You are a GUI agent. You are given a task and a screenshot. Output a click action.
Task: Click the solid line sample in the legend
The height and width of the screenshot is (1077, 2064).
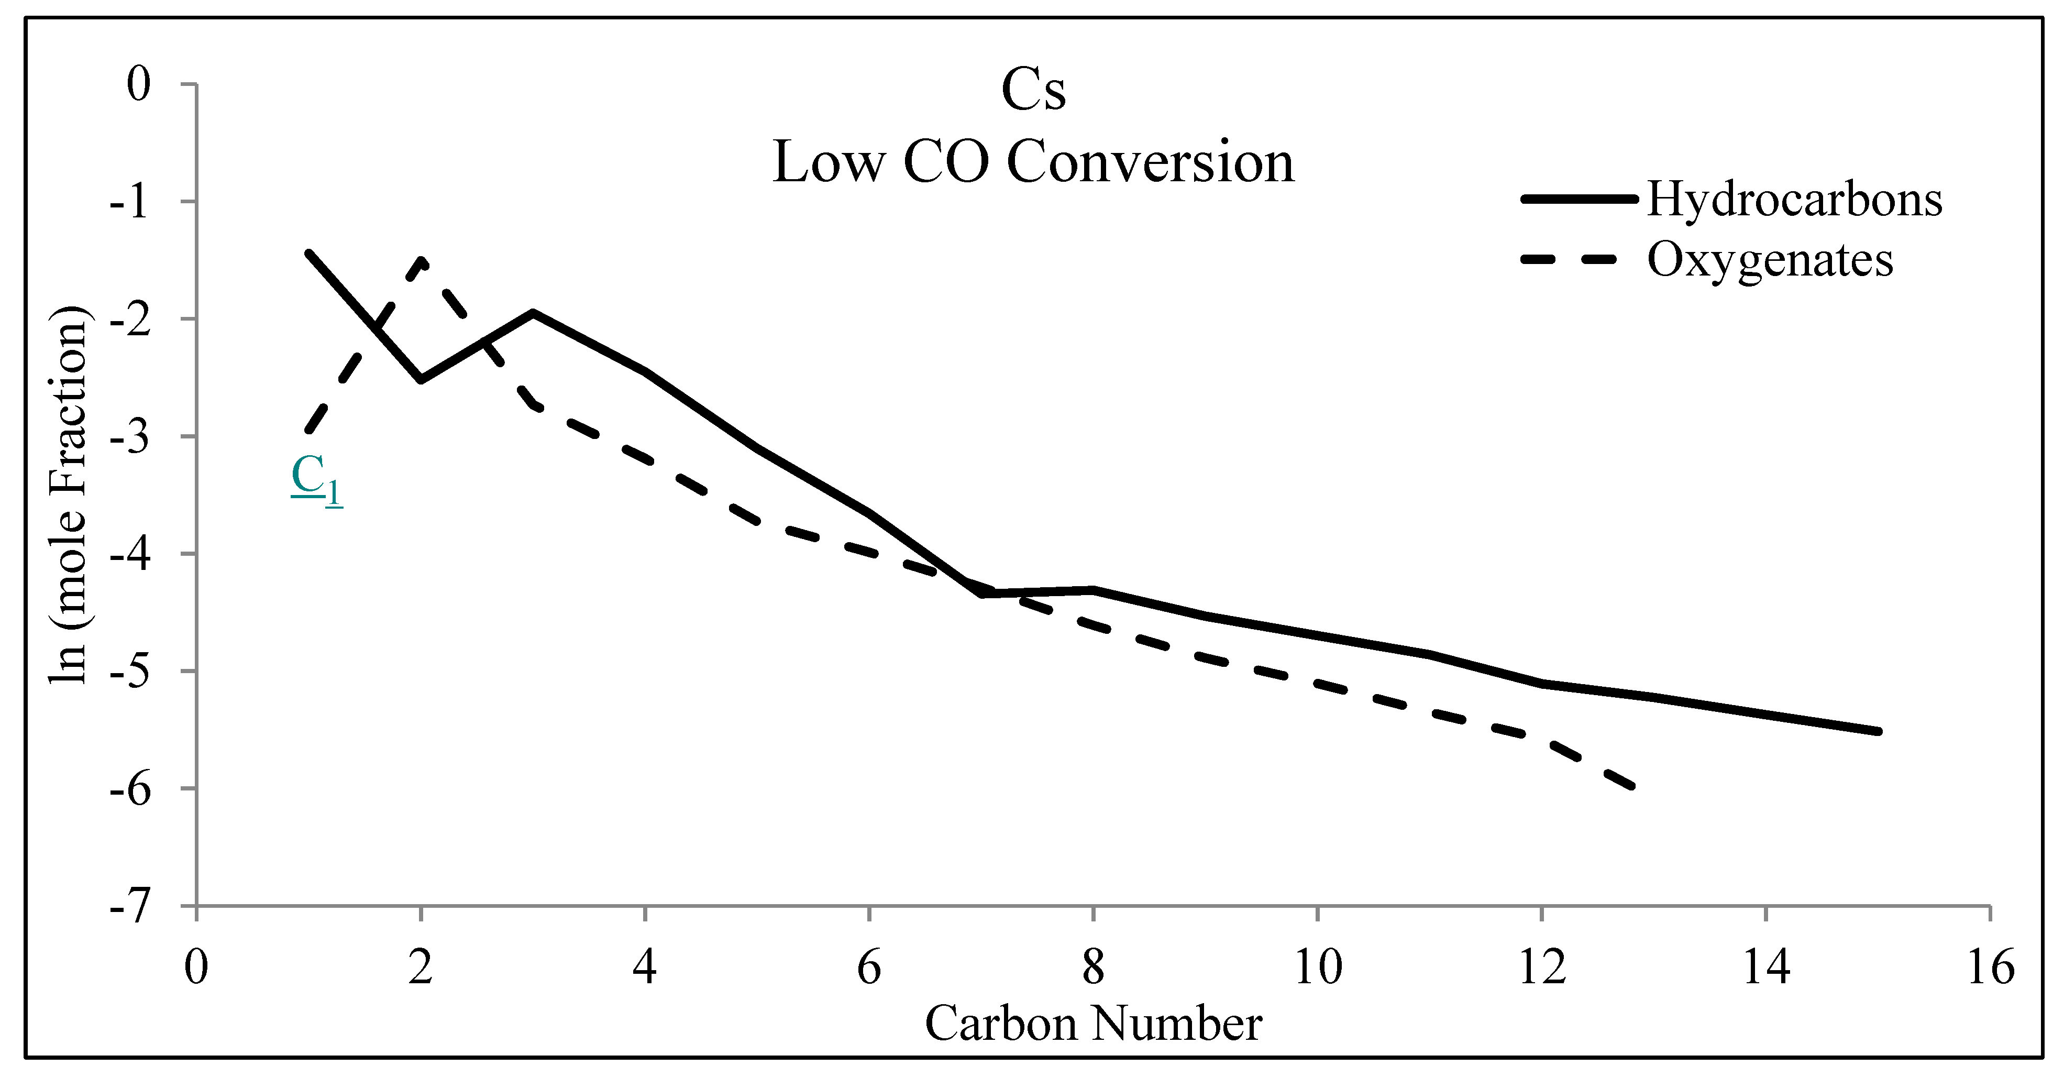coord(1579,199)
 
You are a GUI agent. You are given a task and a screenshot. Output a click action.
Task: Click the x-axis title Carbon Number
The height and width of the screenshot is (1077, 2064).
coord(1093,1024)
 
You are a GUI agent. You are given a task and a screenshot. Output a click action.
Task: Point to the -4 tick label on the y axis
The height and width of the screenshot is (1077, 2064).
coord(130,554)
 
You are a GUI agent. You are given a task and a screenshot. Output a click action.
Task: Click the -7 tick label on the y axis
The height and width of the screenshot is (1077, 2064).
coord(130,906)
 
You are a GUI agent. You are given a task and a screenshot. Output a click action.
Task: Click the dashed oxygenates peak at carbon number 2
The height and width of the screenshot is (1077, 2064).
coord(422,260)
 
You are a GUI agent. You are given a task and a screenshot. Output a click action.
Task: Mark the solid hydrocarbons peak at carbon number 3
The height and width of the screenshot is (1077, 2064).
coord(533,313)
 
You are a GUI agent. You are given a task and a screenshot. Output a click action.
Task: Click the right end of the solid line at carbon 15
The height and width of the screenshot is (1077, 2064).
coord(1878,731)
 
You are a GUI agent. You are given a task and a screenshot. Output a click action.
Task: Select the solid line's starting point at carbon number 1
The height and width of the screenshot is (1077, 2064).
coord(308,253)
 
